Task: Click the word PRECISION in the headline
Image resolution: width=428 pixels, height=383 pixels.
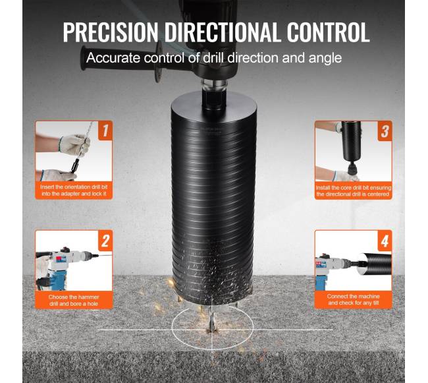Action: tap(111, 32)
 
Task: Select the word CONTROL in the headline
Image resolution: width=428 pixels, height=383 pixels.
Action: tap(328, 32)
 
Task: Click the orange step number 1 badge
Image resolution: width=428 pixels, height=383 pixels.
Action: tap(105, 131)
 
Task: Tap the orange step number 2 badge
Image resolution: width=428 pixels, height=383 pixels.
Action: tap(105, 241)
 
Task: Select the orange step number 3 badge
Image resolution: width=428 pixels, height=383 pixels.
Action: tap(385, 131)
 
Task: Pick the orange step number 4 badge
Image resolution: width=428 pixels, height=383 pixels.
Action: tap(385, 241)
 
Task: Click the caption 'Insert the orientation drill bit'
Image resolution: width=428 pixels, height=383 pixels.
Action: tap(74, 187)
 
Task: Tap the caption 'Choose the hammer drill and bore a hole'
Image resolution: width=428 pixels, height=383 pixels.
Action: tap(74, 300)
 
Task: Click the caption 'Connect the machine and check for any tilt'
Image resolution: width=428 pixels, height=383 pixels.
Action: tap(353, 300)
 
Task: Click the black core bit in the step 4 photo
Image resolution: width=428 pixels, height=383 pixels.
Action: tap(377, 264)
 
